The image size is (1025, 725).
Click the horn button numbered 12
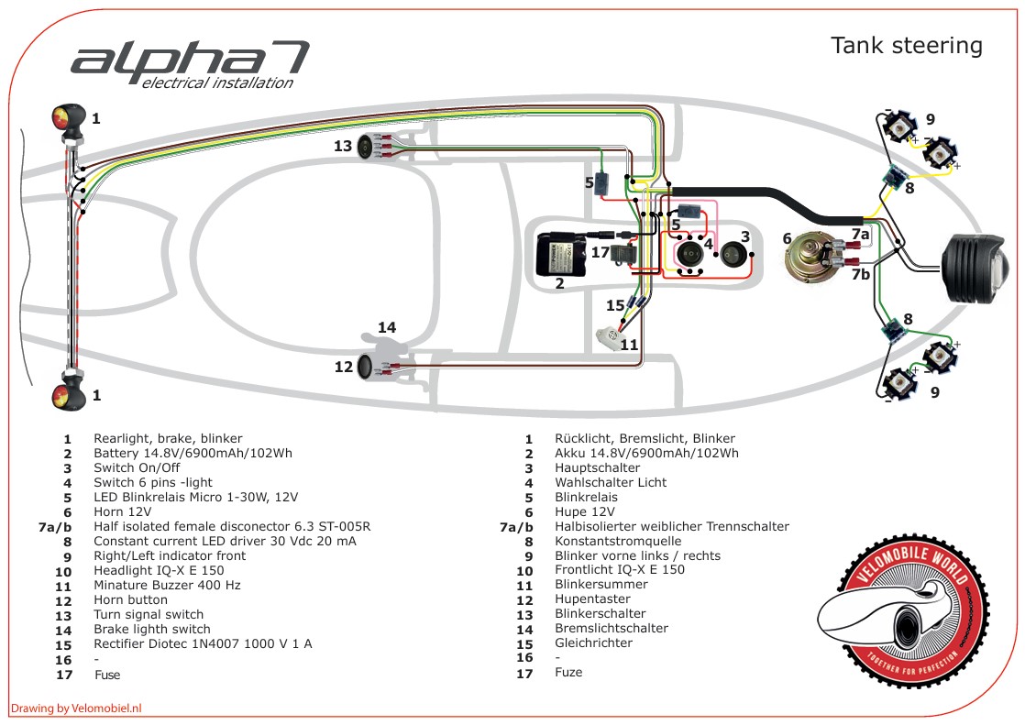(x=364, y=368)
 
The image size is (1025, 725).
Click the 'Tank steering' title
(x=906, y=46)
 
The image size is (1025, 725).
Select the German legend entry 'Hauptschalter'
(x=597, y=467)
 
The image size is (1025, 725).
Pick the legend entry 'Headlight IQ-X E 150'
(x=158, y=570)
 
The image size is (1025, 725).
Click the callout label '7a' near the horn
(x=859, y=235)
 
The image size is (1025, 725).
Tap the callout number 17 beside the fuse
(x=600, y=251)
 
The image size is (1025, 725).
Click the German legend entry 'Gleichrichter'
(x=593, y=643)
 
